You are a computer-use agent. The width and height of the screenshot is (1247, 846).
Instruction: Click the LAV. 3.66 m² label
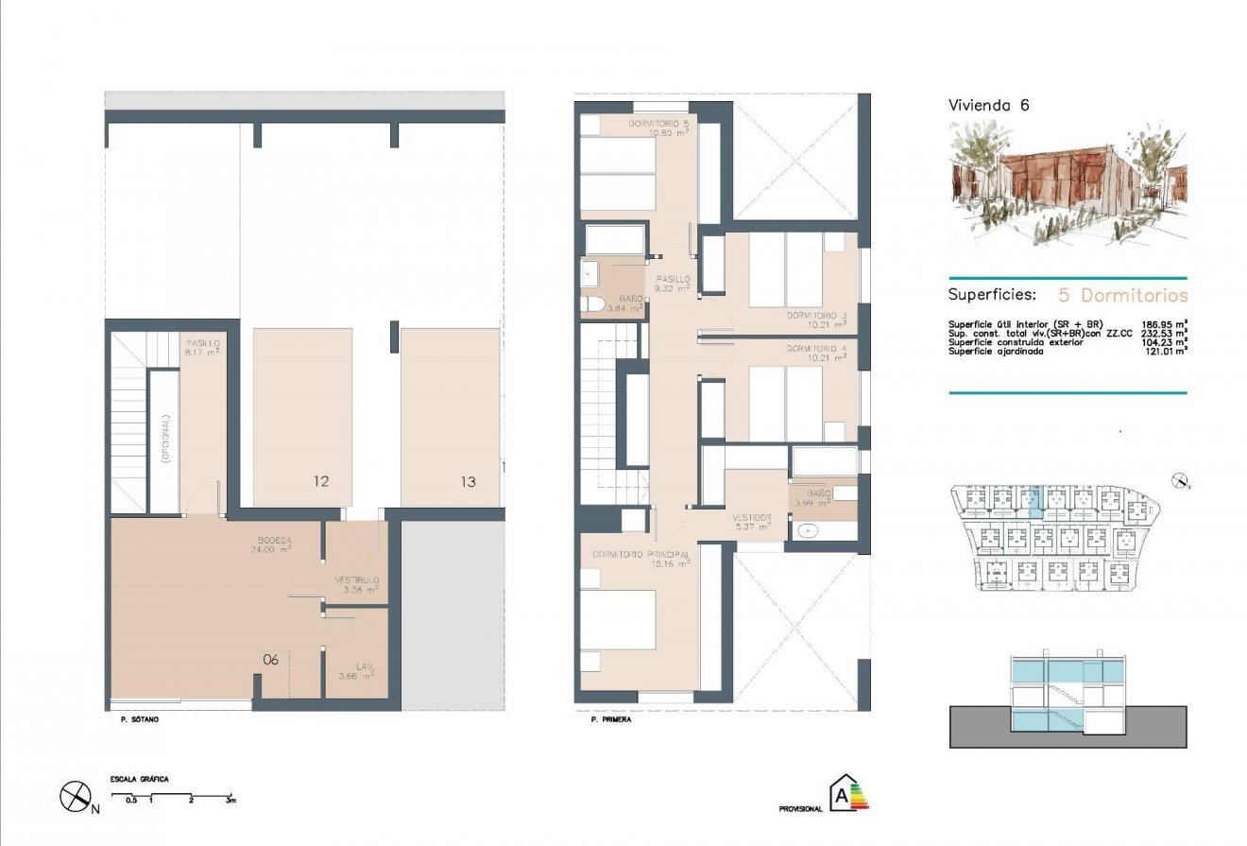click(x=356, y=671)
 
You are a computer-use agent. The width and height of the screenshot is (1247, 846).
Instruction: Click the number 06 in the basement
click(x=270, y=660)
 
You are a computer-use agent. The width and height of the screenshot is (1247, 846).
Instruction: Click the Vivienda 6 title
click(x=988, y=106)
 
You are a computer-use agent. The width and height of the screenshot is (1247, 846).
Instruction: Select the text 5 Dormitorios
click(x=1120, y=295)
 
